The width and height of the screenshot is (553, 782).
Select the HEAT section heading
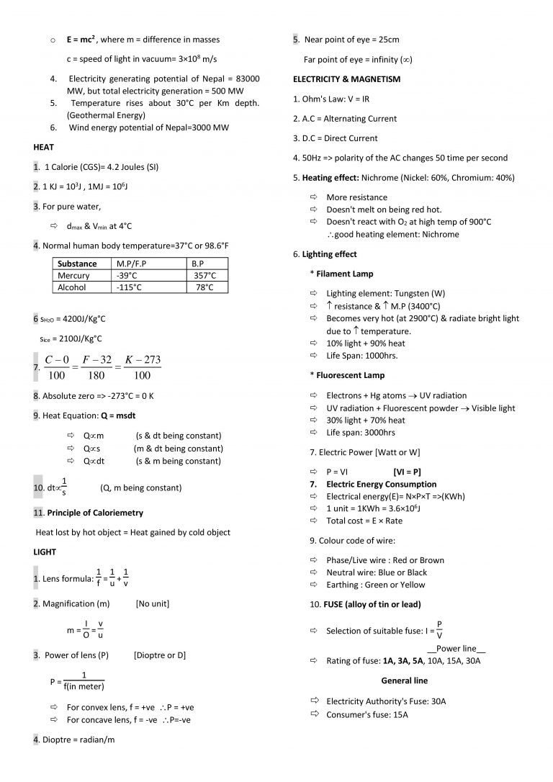pos(44,147)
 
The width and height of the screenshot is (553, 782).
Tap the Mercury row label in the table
pos(73,276)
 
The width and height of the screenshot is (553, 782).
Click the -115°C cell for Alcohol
pos(130,287)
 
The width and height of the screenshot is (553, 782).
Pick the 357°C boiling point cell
pos(205,276)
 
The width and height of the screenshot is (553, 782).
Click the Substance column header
pos(77,264)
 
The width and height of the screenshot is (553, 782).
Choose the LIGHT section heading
pos(45,552)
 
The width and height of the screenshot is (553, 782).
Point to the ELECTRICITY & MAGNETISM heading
pos(346,78)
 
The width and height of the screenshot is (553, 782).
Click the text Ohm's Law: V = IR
pos(331,99)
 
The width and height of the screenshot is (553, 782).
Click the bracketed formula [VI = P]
pos(407,472)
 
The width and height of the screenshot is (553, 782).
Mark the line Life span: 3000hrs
pos(360,433)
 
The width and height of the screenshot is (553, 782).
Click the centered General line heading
pos(404,680)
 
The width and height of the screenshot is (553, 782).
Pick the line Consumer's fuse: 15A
pos(367,714)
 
